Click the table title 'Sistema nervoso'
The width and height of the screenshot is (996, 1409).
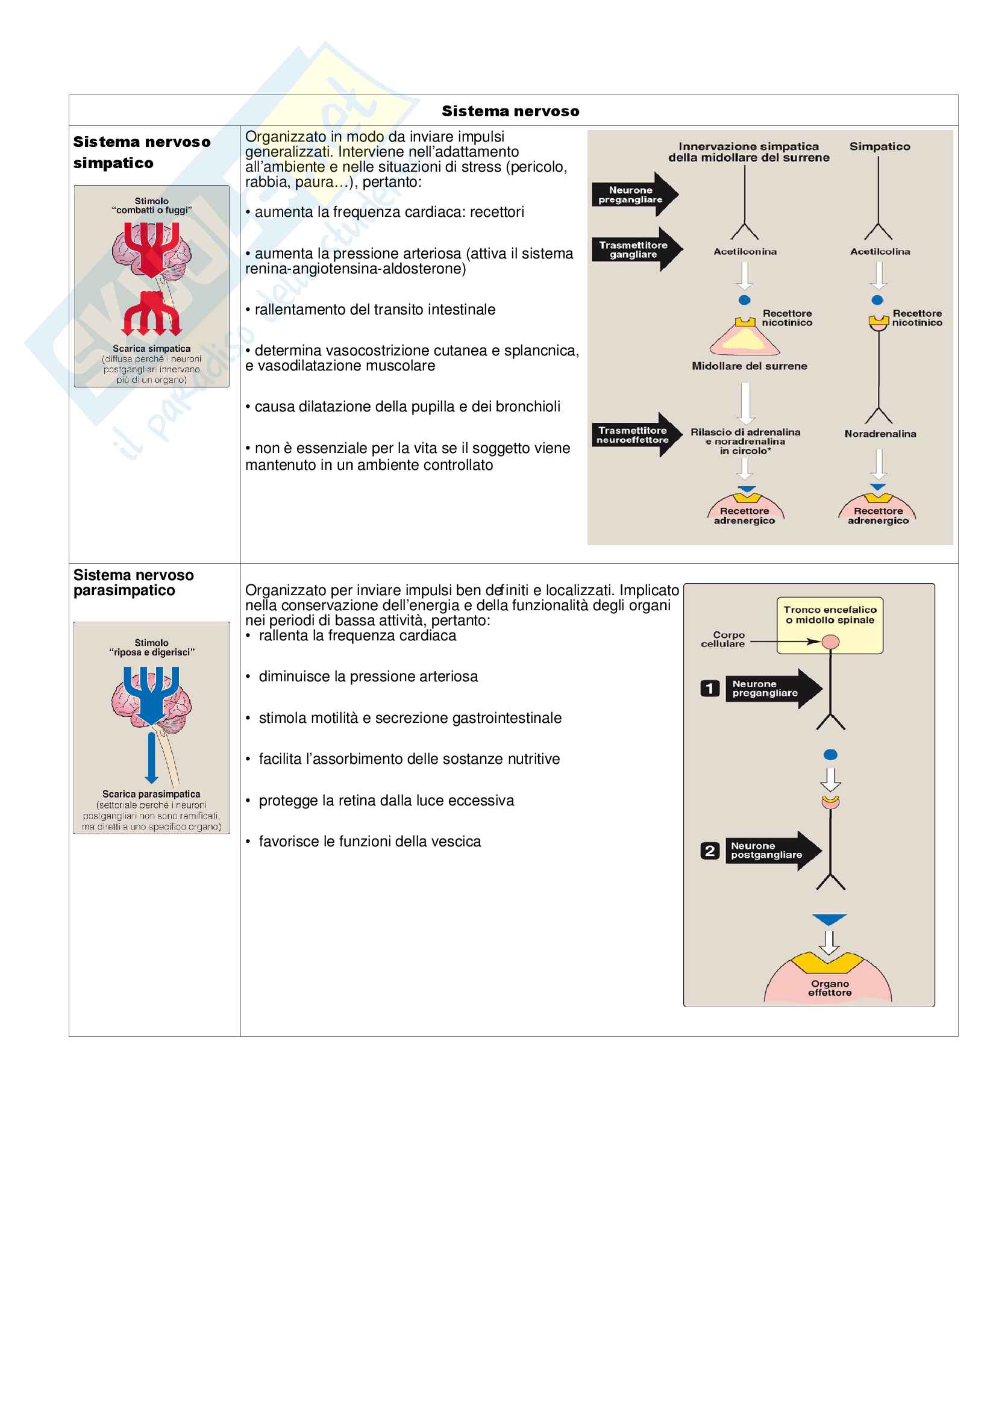pyautogui.click(x=510, y=111)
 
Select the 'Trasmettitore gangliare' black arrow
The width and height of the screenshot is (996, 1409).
pyautogui.click(x=636, y=249)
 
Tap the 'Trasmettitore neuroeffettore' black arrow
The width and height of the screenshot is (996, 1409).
pyautogui.click(x=636, y=434)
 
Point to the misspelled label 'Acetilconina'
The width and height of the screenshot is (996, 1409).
pyautogui.click(x=744, y=252)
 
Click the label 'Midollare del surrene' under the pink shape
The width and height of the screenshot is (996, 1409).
pyautogui.click(x=749, y=366)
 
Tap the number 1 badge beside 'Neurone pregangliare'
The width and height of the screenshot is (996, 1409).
pyautogui.click(x=709, y=688)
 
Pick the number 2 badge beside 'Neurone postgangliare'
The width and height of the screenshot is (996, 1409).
pyautogui.click(x=709, y=851)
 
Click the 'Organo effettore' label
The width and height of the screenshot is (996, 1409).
pyautogui.click(x=829, y=987)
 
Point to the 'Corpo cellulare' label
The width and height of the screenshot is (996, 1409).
pyautogui.click(x=724, y=639)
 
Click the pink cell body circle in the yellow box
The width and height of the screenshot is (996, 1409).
pyautogui.click(x=830, y=642)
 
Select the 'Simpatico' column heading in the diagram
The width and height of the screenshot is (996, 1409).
pyautogui.click(x=879, y=146)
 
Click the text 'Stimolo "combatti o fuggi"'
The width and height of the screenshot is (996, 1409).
pyautogui.click(x=152, y=205)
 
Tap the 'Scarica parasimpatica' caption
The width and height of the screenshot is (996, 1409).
pyautogui.click(x=152, y=793)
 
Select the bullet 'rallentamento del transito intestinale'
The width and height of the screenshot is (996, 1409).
pyautogui.click(x=374, y=309)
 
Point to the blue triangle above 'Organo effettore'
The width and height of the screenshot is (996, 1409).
pyautogui.click(x=829, y=919)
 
